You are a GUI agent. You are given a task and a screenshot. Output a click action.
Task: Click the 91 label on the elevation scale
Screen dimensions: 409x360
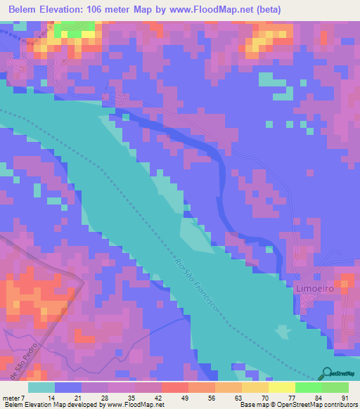345,397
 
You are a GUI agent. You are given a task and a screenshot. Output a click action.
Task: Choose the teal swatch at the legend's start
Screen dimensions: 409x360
41,387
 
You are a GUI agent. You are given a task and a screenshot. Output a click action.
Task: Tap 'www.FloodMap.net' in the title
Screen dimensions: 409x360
225,9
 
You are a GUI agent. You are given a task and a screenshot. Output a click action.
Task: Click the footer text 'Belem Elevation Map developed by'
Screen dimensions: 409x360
52,405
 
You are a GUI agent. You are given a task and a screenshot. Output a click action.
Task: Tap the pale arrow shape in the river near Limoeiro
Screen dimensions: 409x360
283,331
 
